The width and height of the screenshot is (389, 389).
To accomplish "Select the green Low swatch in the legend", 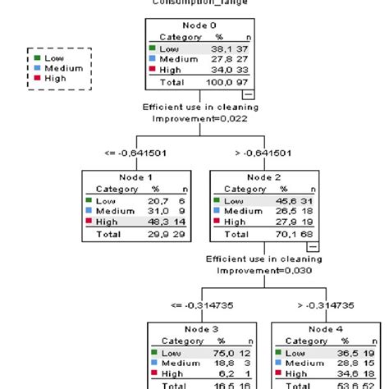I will pyautogui.click(x=35, y=58).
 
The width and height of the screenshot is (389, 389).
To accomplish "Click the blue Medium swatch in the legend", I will pyautogui.click(x=35, y=68).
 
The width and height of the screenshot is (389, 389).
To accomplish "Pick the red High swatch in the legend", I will pyautogui.click(x=35, y=79).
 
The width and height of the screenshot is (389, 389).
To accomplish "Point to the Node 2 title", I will pyautogui.click(x=253, y=176).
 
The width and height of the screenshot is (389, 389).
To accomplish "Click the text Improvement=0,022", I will pyautogui.click(x=194, y=118).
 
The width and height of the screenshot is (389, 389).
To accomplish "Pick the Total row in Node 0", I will pyautogui.click(x=194, y=82).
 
